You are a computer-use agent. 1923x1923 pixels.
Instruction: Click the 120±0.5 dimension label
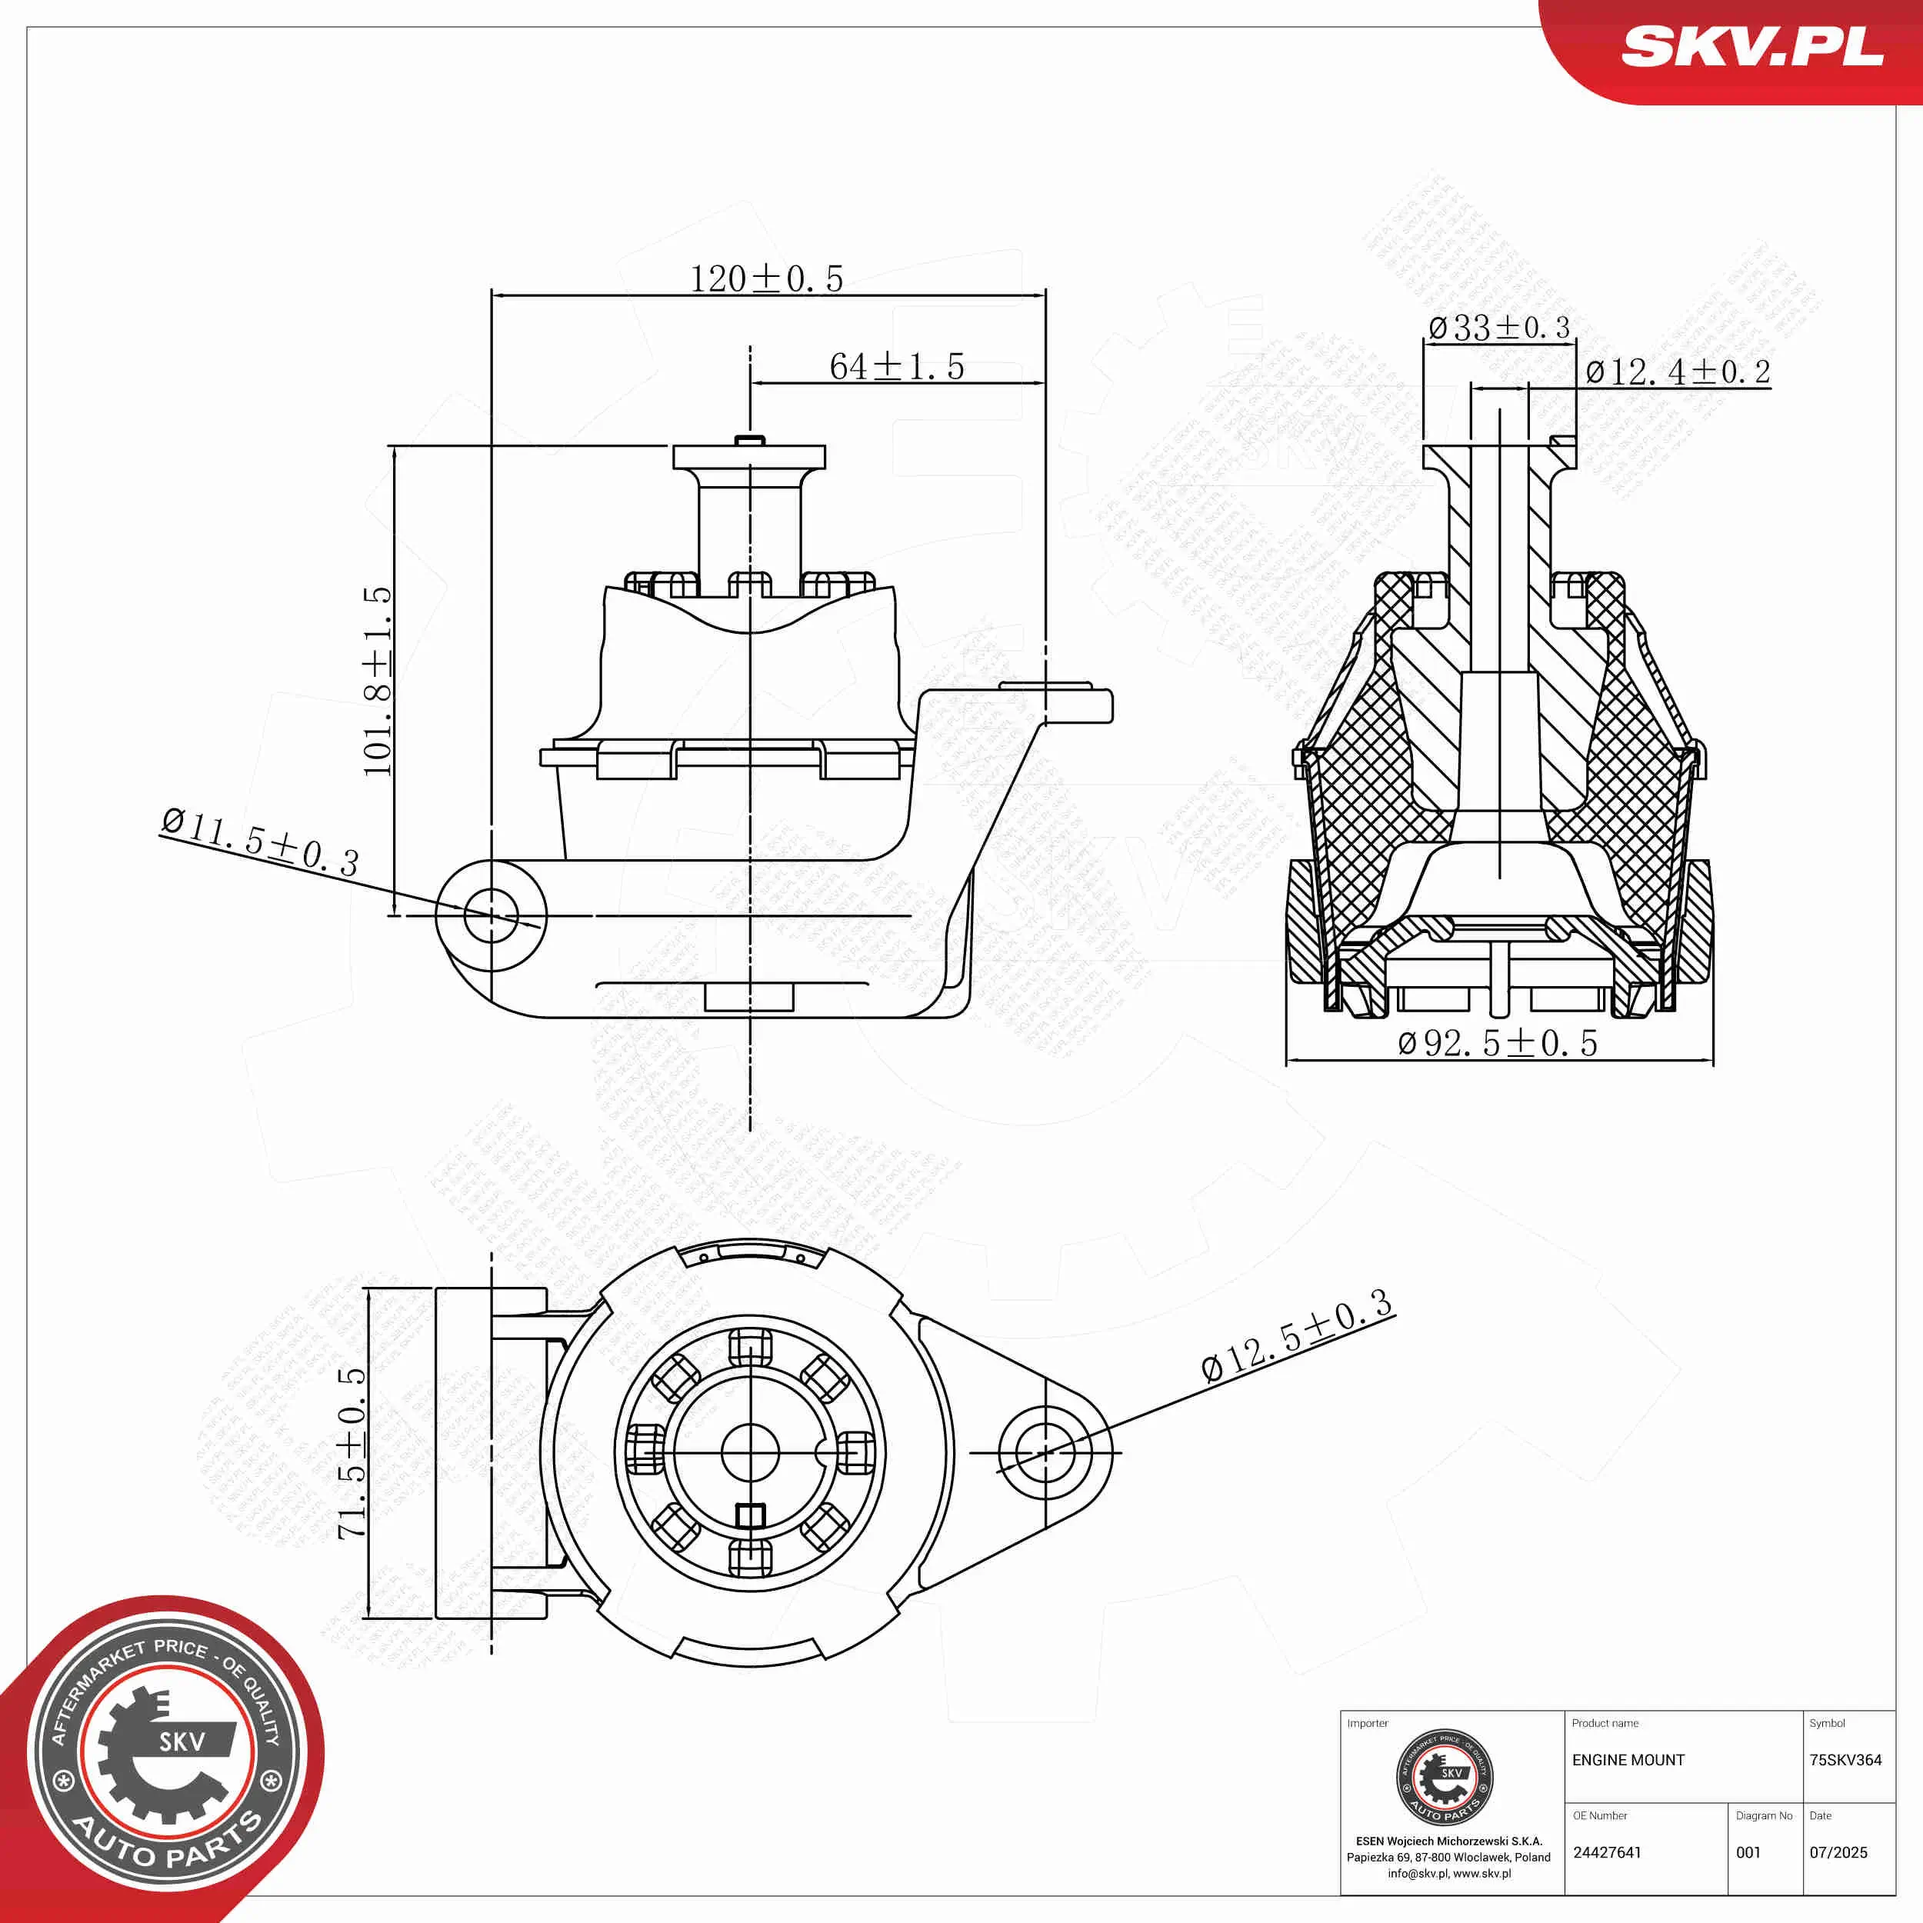pyautogui.click(x=765, y=278)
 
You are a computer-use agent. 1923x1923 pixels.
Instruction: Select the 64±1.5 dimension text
pyautogui.click(x=896, y=366)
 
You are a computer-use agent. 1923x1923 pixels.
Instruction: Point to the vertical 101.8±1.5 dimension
pyautogui.click(x=378, y=681)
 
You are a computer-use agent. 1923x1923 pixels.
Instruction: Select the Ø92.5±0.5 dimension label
pyautogui.click(x=1497, y=1043)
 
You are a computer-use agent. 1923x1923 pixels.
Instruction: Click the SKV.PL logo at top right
pyautogui.click(x=1751, y=47)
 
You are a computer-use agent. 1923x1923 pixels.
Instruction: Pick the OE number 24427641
pyautogui.click(x=1607, y=1852)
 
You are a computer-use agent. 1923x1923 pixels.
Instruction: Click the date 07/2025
pyautogui.click(x=1838, y=1852)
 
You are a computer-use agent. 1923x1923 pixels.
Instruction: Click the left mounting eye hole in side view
pyautogui.click(x=491, y=915)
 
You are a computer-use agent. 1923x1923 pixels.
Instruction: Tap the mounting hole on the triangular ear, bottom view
pyautogui.click(x=1044, y=1452)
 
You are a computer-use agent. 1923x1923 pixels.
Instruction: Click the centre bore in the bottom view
pyautogui.click(x=748, y=1452)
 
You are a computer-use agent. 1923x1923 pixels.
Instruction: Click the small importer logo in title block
pyautogui.click(x=1445, y=1778)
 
